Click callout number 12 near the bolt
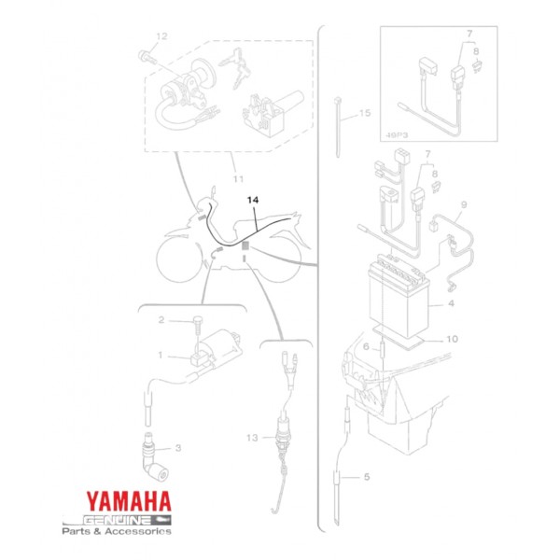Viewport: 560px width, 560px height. coord(161,36)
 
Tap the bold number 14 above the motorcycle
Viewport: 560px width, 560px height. coord(255,201)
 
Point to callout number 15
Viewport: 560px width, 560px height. coord(364,113)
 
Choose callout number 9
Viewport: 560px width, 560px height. coord(463,203)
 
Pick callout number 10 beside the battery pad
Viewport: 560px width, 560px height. coord(451,339)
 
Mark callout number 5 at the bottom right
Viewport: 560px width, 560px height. coord(366,477)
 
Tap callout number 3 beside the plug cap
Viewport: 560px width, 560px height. coord(178,448)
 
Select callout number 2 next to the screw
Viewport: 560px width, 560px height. coord(161,320)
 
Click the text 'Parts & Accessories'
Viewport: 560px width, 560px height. coord(117,531)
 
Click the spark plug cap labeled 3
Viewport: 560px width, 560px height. coord(149,457)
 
